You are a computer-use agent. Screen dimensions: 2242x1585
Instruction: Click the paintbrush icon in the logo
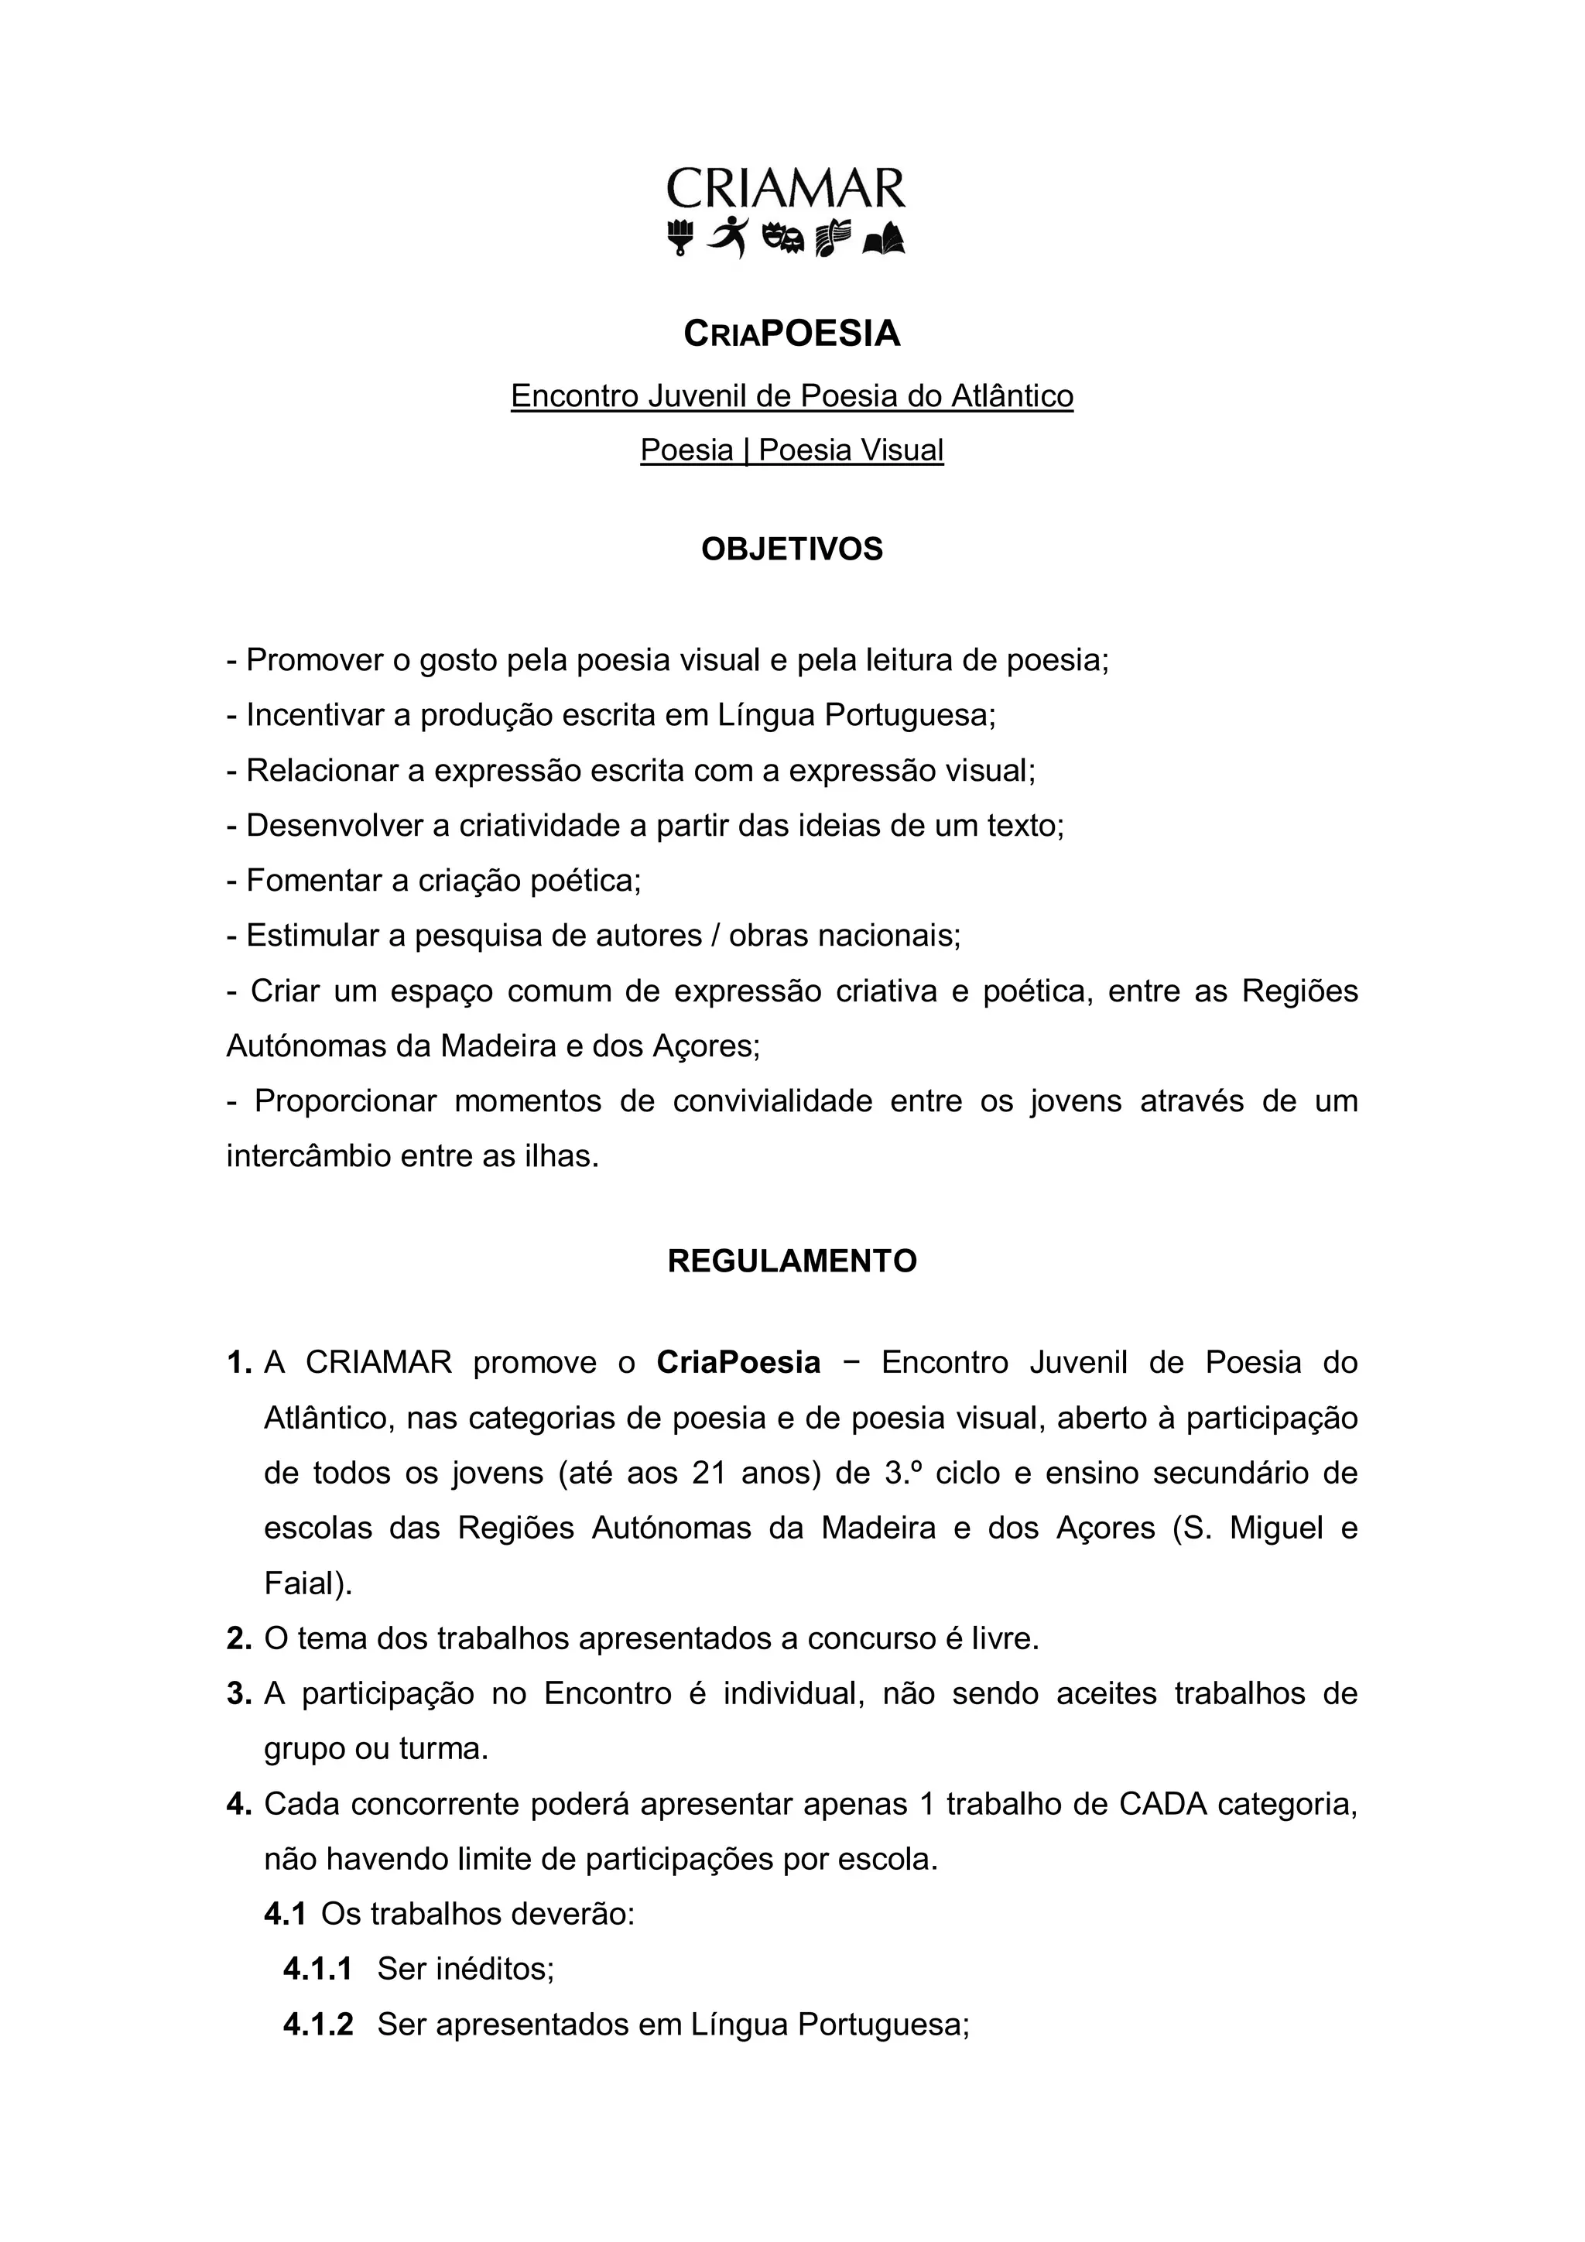pos(680,238)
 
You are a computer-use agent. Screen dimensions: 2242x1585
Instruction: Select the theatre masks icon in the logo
pos(783,238)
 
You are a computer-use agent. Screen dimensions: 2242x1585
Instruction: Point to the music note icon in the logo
pos(832,238)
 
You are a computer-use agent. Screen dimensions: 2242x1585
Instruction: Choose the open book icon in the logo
pos(884,238)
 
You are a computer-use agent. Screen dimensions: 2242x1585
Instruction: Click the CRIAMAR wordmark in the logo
pos(786,189)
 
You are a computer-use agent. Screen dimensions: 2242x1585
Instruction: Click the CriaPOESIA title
pos(792,334)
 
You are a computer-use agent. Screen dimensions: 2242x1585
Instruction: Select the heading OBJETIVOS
pos(792,549)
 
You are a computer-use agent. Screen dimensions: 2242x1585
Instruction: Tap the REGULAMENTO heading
pos(792,1261)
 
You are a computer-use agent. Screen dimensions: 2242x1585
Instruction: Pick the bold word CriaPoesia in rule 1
pos(738,1362)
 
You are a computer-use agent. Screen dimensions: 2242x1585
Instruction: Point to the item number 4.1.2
pos(318,2025)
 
